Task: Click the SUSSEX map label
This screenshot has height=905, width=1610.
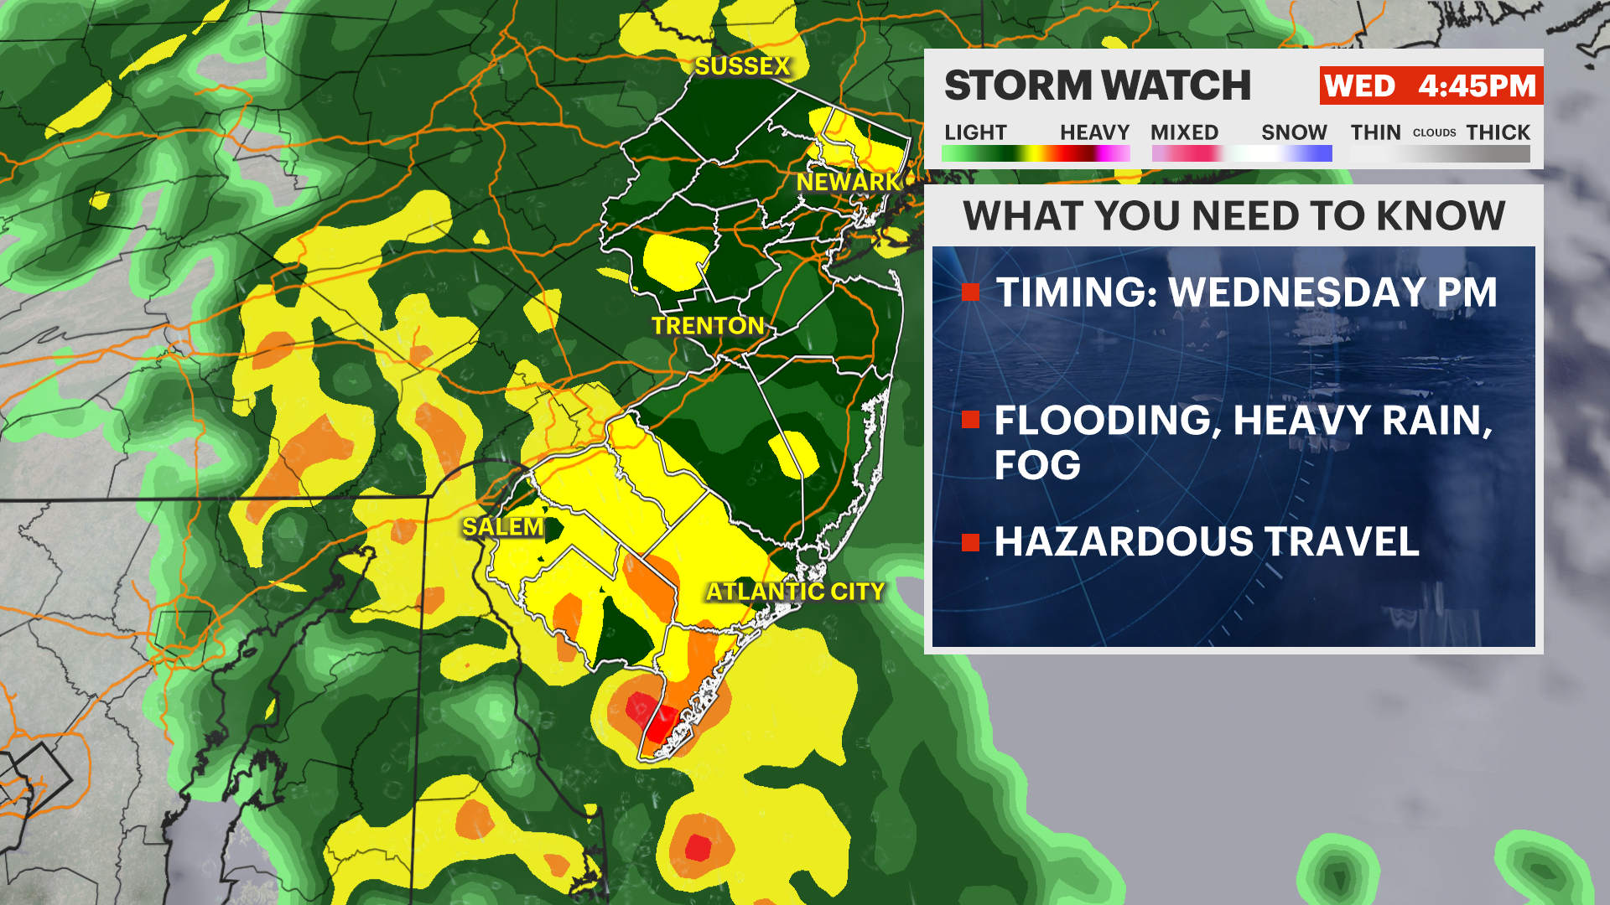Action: coord(742,66)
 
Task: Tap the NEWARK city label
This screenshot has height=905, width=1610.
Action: coord(847,182)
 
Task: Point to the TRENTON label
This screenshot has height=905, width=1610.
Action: coord(708,325)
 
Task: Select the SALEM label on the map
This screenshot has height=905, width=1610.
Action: coord(502,526)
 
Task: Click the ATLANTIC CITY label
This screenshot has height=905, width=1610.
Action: coord(795,592)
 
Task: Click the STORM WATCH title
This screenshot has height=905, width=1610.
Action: coord(1098,85)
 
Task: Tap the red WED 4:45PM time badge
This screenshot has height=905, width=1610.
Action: coord(1430,85)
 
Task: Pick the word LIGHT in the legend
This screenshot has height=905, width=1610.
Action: coord(975,132)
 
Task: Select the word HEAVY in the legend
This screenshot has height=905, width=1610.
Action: coord(1094,132)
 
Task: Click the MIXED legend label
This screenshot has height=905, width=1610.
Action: coord(1184,132)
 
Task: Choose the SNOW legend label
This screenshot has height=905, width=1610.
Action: coord(1294,132)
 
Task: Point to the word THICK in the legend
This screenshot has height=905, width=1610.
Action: coord(1498,132)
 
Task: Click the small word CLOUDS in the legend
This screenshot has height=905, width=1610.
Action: coord(1434,132)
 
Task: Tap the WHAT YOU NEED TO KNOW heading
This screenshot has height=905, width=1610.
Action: coord(1233,216)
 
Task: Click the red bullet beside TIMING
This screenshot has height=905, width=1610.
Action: coord(971,292)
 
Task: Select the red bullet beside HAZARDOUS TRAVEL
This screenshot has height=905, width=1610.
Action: coord(971,542)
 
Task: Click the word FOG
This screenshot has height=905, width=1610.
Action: coord(1037,465)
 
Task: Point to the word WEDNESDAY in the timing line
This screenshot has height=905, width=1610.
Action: coord(1296,292)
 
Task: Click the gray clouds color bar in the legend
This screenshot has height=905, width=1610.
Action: coord(1440,154)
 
